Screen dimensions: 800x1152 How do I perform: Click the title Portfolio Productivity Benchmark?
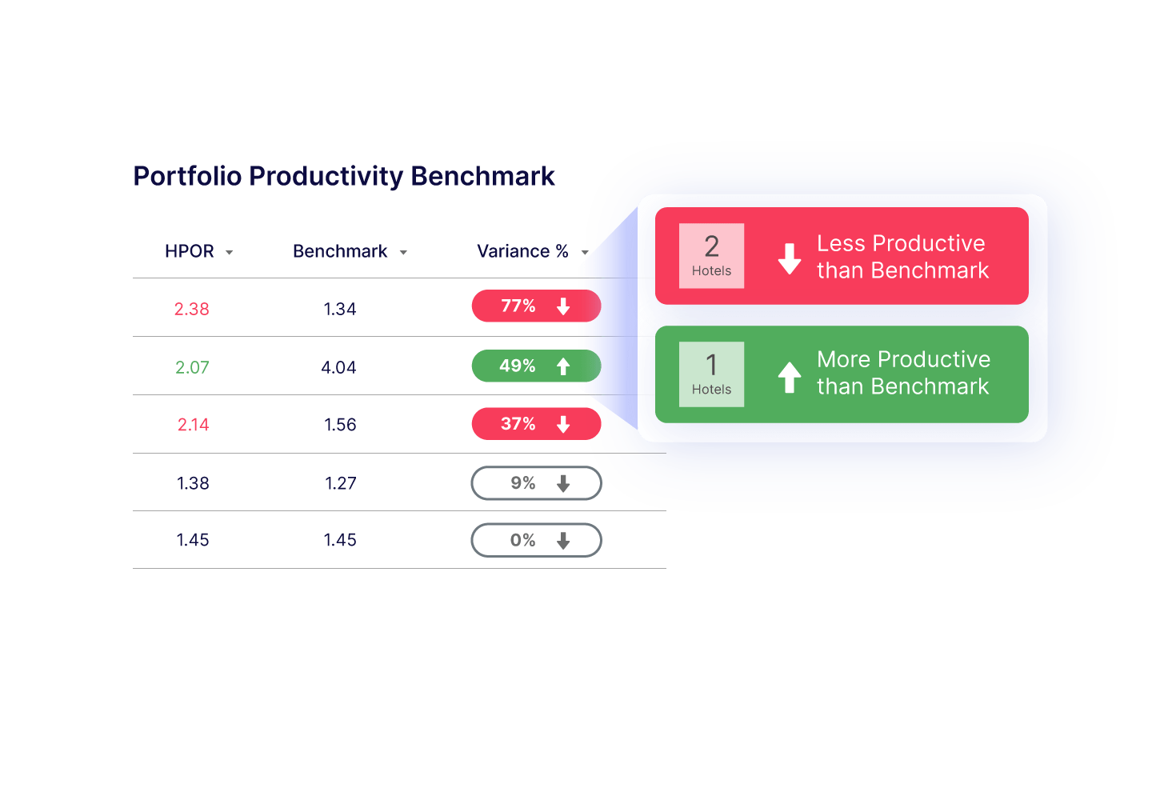[x=344, y=176]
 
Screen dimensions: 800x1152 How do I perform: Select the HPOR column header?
[x=190, y=251]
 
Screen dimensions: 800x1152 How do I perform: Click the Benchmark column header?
[x=340, y=251]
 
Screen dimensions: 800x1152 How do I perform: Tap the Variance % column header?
[x=522, y=251]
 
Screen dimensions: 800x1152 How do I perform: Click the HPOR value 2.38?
[x=192, y=309]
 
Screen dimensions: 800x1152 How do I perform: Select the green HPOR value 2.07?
[x=192, y=367]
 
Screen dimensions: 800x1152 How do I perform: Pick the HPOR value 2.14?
[x=193, y=425]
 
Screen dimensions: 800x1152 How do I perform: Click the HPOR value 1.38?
[x=193, y=483]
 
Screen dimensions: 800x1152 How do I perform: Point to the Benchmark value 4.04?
[x=339, y=367]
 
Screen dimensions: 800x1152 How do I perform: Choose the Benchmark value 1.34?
[x=340, y=309]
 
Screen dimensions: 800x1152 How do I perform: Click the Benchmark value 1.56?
[x=340, y=425]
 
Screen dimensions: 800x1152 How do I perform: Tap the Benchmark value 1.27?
[x=340, y=483]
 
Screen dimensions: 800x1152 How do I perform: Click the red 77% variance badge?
[x=535, y=306]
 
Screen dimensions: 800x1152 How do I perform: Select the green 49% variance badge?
[x=535, y=366]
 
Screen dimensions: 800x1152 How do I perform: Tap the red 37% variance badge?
[x=535, y=424]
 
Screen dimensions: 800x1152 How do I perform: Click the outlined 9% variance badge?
[x=536, y=483]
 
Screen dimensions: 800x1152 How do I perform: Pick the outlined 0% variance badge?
[x=536, y=541]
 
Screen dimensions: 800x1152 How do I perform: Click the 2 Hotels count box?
[x=711, y=255]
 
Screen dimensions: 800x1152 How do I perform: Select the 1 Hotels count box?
[x=711, y=374]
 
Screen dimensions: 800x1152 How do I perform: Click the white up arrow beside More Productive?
[x=790, y=377]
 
